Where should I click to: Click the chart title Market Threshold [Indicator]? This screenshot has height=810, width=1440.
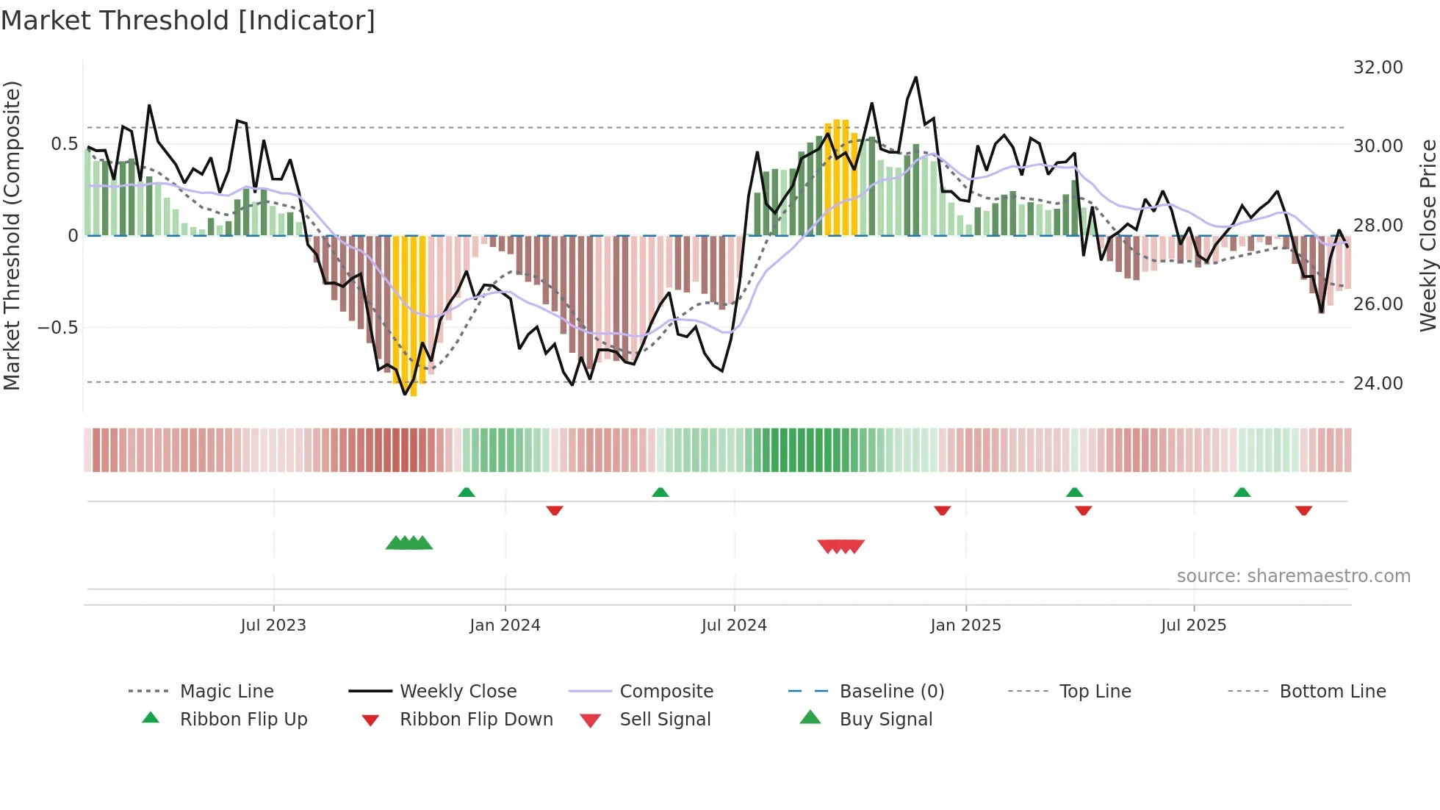tap(188, 21)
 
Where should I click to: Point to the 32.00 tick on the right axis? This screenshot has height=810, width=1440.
tap(1378, 68)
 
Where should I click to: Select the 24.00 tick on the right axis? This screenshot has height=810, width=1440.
tap(1378, 383)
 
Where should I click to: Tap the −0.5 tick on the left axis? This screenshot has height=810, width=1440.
tap(58, 328)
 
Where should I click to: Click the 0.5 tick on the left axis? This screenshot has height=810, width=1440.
tap(64, 144)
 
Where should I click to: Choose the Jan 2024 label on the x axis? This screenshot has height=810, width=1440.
tap(505, 626)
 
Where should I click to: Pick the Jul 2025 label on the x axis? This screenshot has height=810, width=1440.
tap(1193, 626)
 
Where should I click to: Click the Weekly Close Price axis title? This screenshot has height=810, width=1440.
tap(1428, 235)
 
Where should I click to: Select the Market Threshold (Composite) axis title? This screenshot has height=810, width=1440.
tap(12, 235)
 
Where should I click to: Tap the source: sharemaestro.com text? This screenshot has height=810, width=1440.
tap(1293, 576)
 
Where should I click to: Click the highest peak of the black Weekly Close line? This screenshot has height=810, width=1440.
tap(915, 77)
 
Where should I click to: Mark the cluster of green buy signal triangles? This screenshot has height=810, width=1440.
tap(409, 543)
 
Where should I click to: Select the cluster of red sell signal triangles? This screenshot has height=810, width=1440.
tap(840, 546)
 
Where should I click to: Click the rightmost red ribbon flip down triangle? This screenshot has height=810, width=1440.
tap(1303, 510)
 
